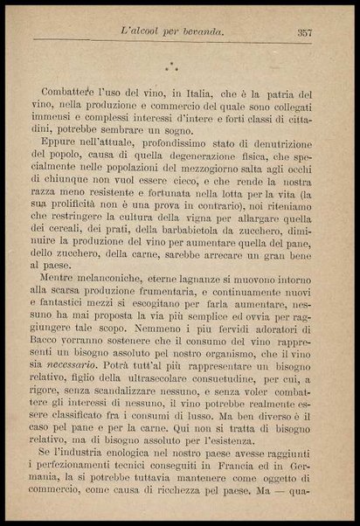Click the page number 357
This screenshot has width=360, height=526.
(305, 33)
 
